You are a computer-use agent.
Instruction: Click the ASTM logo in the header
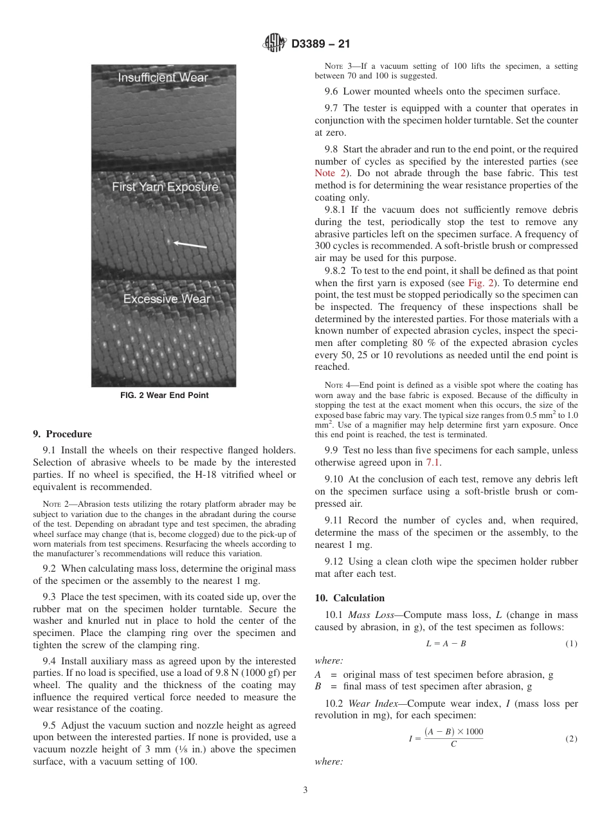pos(275,44)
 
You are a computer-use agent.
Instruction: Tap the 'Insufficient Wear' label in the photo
pos(163,78)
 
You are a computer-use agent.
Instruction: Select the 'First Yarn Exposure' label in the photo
pos(165,187)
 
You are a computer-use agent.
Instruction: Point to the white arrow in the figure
pos(191,244)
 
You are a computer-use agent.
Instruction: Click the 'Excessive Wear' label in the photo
pos(167,299)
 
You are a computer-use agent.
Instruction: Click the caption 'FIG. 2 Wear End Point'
pos(164,395)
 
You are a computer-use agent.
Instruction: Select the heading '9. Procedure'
pos(62,434)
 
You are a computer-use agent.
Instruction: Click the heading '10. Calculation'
pos(350,598)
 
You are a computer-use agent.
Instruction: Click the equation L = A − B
pos(446,644)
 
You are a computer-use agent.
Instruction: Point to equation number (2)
pos(571,739)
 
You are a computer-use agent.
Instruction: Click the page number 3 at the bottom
pos(305,790)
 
